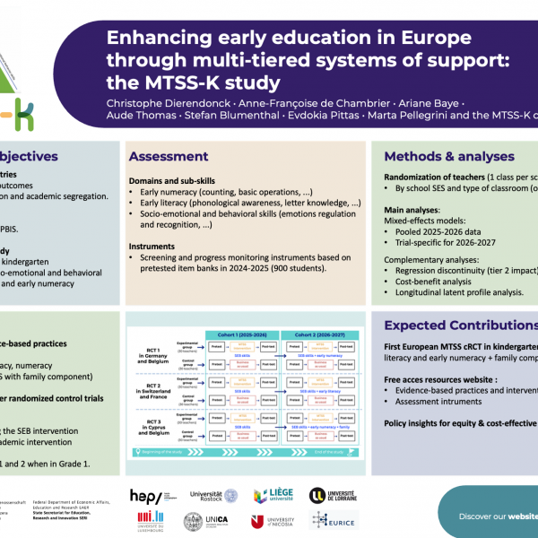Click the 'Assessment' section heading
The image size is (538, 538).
point(169,157)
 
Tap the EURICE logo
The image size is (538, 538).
point(334,521)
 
